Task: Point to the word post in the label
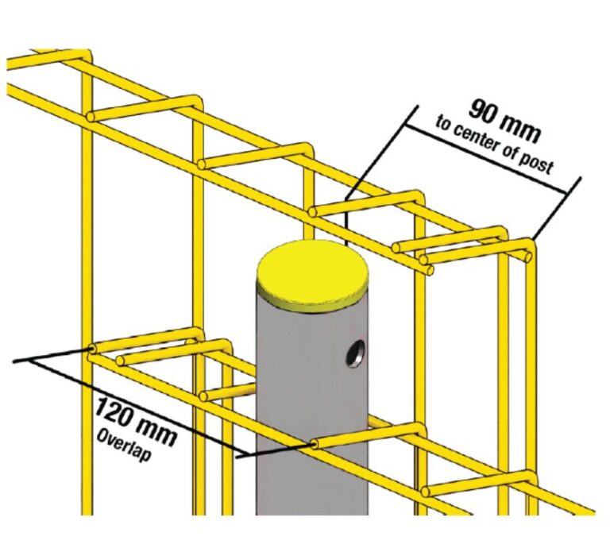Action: pos(537,168)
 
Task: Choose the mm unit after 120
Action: pos(158,427)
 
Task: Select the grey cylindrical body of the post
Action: pos(310,413)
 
